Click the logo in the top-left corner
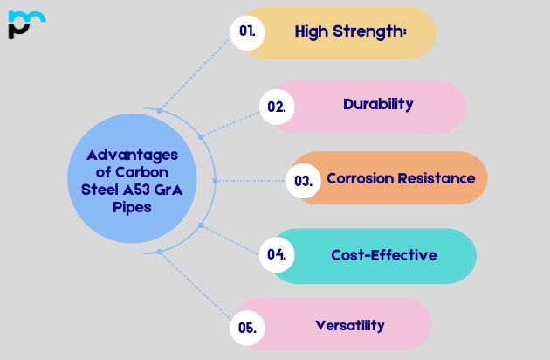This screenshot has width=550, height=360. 26,24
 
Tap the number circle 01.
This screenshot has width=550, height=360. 247,31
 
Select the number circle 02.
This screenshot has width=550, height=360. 277,107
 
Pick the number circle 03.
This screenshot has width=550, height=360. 303,181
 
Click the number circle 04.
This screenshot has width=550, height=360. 277,255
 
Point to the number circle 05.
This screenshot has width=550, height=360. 246,328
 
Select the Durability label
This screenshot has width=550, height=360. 378,104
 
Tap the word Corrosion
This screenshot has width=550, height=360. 361,178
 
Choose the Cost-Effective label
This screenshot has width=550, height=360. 384,255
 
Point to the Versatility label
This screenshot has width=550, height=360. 349,325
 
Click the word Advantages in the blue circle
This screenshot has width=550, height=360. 126,155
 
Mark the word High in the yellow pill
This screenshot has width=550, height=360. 312,32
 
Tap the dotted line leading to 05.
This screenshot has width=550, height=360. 196,289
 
